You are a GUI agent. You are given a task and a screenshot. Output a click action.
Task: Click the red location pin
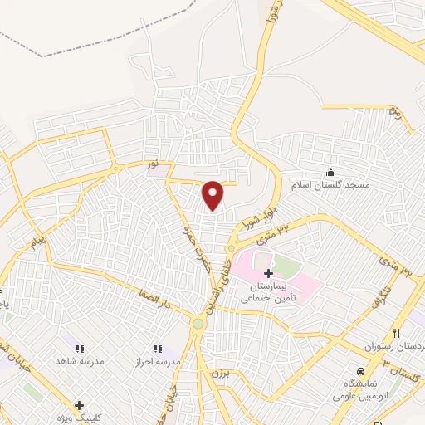(x=213, y=193)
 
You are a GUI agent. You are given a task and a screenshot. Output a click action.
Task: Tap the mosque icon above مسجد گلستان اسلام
(x=331, y=172)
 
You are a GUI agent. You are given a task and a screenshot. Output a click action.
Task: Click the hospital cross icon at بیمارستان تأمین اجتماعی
(x=267, y=273)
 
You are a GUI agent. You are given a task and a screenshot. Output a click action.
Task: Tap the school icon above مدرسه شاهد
(x=80, y=349)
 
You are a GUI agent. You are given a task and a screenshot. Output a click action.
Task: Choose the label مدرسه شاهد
(x=80, y=362)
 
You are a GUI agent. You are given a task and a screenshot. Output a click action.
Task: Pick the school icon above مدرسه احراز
(x=157, y=349)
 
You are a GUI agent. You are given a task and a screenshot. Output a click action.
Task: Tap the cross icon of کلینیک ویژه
(x=78, y=406)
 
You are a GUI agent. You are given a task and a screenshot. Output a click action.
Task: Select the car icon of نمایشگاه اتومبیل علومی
(x=360, y=371)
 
